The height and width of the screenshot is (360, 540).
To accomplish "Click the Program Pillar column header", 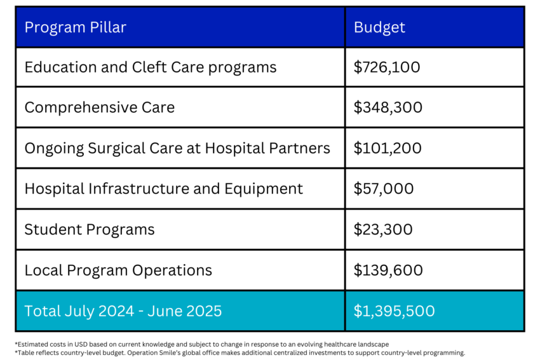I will tap(75, 27).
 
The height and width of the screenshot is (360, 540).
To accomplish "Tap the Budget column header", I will tap(379, 27).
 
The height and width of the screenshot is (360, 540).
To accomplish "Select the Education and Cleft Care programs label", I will tap(150, 67).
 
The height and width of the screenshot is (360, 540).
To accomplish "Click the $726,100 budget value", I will tap(387, 67).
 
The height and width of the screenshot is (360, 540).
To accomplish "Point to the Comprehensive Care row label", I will tap(99, 107).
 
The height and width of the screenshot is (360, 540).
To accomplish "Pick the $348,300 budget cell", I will tap(388, 107).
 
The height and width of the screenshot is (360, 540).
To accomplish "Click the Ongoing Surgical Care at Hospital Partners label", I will tap(177, 148).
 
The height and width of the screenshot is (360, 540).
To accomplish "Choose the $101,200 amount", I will tap(387, 148).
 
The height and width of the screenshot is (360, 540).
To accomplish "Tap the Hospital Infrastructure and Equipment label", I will tap(163, 189).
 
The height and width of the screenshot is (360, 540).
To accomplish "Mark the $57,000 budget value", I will tap(383, 189).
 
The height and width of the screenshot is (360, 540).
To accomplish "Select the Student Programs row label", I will tap(90, 229).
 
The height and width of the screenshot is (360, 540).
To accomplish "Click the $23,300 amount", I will tap(383, 229).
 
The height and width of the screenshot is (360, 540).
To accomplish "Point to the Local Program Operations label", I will tap(118, 270).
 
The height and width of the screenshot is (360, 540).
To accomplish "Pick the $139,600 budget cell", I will tap(388, 270).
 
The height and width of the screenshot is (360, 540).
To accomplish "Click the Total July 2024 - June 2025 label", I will tap(123, 310).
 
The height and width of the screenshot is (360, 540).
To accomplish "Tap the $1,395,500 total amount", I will tap(394, 310).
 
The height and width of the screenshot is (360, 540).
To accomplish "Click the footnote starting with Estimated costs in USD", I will tap(201, 343).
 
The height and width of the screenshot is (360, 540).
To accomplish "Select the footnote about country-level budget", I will tap(240, 352).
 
